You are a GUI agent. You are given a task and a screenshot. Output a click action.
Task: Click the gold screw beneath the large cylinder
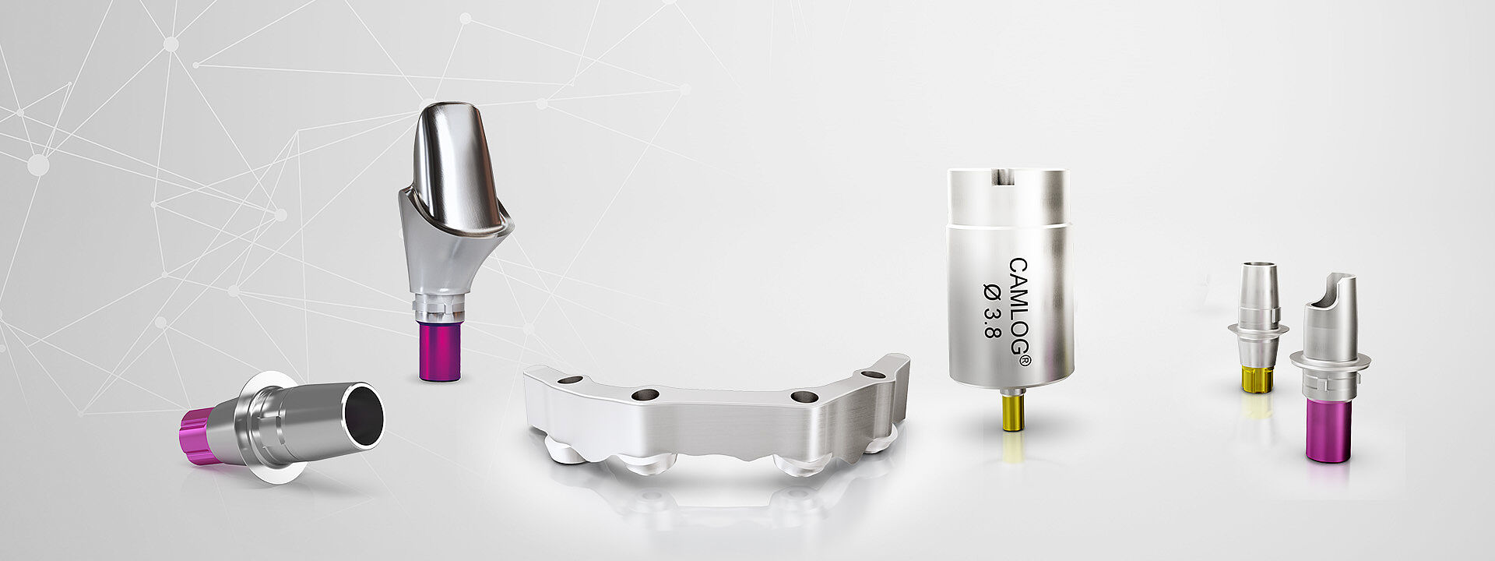tap(1012, 411)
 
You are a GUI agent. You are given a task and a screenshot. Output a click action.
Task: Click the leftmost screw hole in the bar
tap(570, 379)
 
